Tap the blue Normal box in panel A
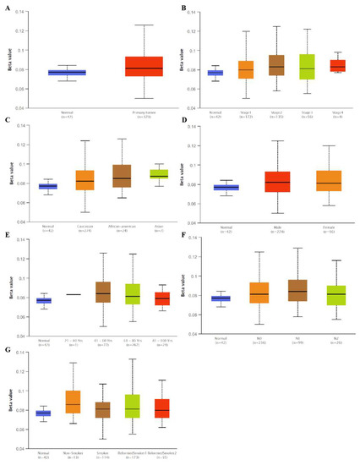point(66,73)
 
